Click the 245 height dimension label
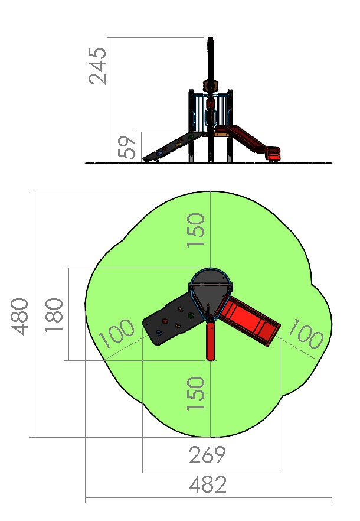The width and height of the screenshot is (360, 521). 97,66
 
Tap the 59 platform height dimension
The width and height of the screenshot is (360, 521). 127,147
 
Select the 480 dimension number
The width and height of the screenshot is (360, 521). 19,317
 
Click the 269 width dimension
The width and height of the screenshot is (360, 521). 207,455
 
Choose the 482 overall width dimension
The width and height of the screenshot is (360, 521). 208,484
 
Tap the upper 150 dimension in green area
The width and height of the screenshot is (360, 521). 195,230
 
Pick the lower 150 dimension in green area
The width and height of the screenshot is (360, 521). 195,393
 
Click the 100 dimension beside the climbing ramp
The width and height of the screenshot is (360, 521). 117,333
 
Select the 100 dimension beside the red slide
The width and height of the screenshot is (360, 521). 306,334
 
